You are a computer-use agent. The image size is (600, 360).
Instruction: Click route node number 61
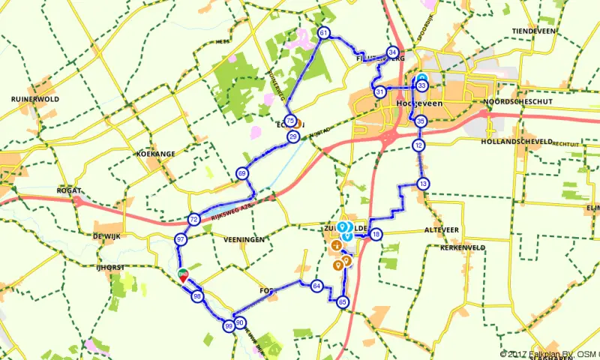[x=324, y=33]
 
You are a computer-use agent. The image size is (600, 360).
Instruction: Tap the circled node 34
[x=392, y=52]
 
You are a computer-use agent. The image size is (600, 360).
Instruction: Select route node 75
[x=290, y=112]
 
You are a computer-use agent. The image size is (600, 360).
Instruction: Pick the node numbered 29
[x=293, y=136]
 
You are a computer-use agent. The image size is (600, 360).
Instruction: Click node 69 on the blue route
[x=242, y=173]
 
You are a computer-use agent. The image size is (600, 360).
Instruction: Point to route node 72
[x=193, y=220]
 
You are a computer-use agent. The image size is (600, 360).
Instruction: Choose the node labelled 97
[x=181, y=239]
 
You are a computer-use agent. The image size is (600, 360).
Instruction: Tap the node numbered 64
[x=317, y=286]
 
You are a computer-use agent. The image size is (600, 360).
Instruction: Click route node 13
[x=424, y=184]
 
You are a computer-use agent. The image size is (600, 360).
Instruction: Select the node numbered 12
[x=419, y=145]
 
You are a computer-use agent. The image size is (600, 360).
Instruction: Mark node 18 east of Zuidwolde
[x=376, y=234]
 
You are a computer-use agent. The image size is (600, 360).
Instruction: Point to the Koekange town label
[x=155, y=154]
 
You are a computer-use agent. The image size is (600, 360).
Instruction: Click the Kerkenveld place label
[x=465, y=246]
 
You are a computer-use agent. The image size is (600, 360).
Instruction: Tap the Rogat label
[x=68, y=191]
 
